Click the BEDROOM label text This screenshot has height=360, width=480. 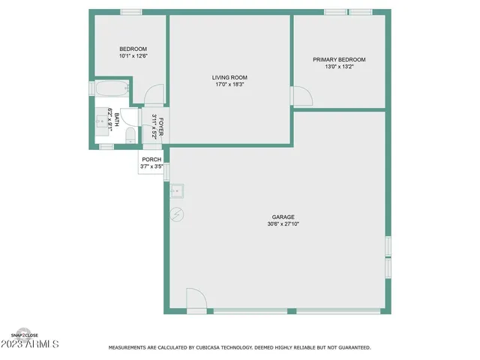[x=133, y=49]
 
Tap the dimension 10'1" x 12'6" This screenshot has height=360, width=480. [x=133, y=56]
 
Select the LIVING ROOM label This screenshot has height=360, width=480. [x=229, y=77]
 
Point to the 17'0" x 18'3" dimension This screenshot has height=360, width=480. [x=229, y=84]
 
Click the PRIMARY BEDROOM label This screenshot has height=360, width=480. [x=339, y=59]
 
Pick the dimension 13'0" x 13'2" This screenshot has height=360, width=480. [x=339, y=66]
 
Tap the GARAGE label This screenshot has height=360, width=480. [x=283, y=217]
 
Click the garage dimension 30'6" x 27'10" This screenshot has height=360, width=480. [x=283, y=224]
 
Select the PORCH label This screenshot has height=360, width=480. [x=151, y=159]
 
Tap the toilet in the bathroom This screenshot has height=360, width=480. [x=130, y=135]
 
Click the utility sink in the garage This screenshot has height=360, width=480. [x=177, y=190]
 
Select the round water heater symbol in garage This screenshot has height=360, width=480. [x=177, y=214]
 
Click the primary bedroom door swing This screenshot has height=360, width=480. [x=301, y=95]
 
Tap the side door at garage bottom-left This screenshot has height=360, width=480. [x=195, y=301]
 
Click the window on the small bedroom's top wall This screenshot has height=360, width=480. [x=131, y=12]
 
